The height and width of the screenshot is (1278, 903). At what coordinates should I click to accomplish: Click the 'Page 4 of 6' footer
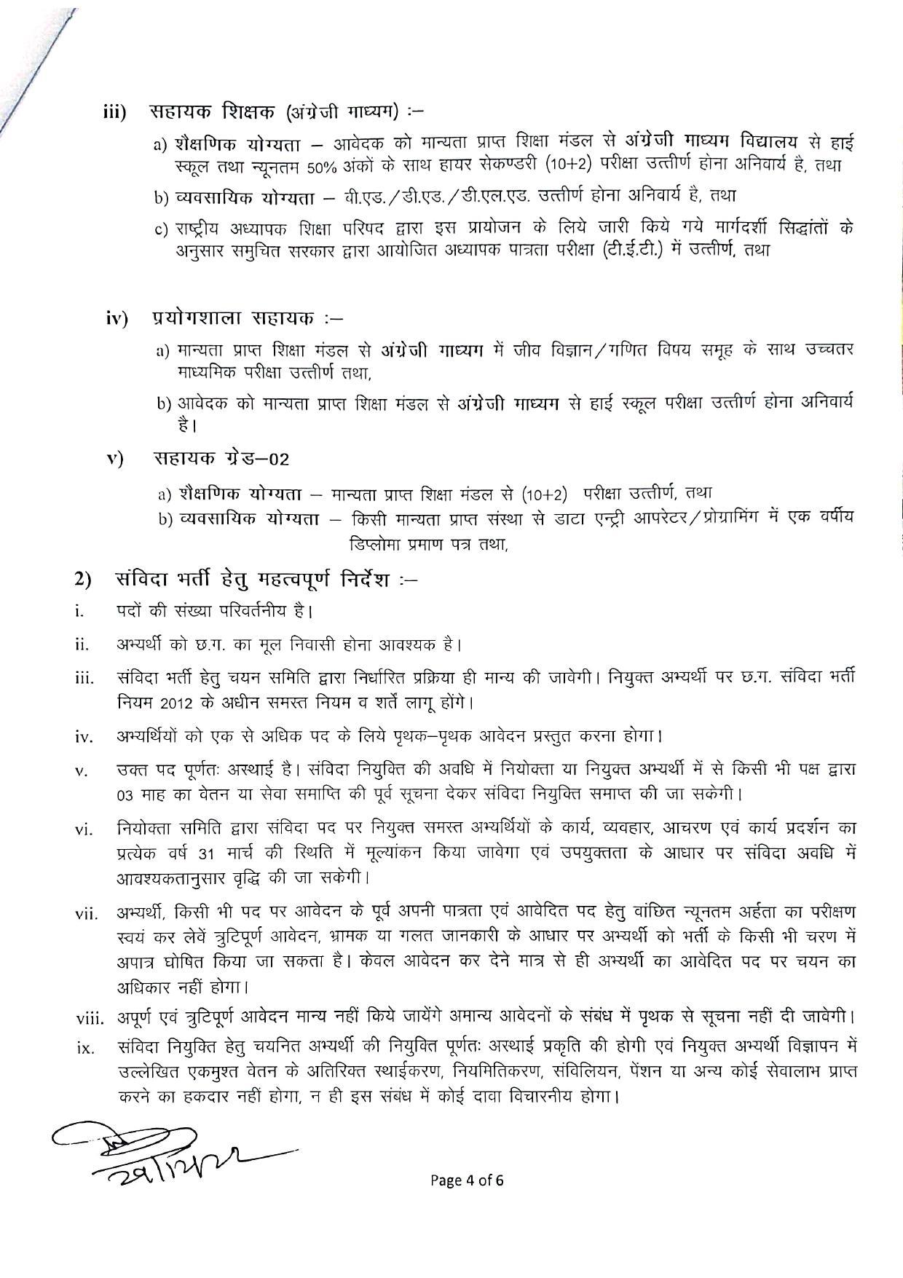click(467, 1180)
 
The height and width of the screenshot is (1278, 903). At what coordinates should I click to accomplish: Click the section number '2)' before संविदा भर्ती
click(82, 579)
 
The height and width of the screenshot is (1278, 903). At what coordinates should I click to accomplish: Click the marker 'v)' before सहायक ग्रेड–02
click(115, 459)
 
